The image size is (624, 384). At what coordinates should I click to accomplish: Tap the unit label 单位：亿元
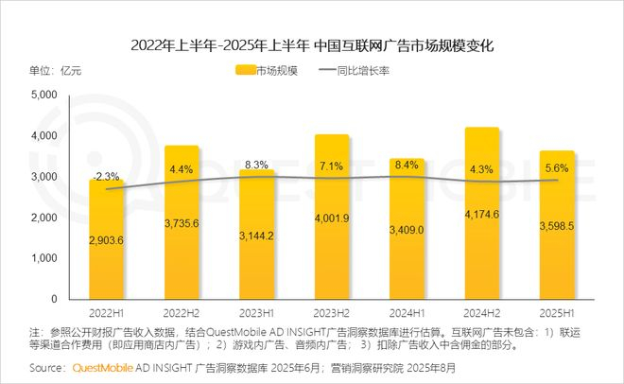point(56,70)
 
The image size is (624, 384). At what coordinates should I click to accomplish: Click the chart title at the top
point(312,44)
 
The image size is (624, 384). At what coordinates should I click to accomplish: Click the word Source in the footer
point(48,366)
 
